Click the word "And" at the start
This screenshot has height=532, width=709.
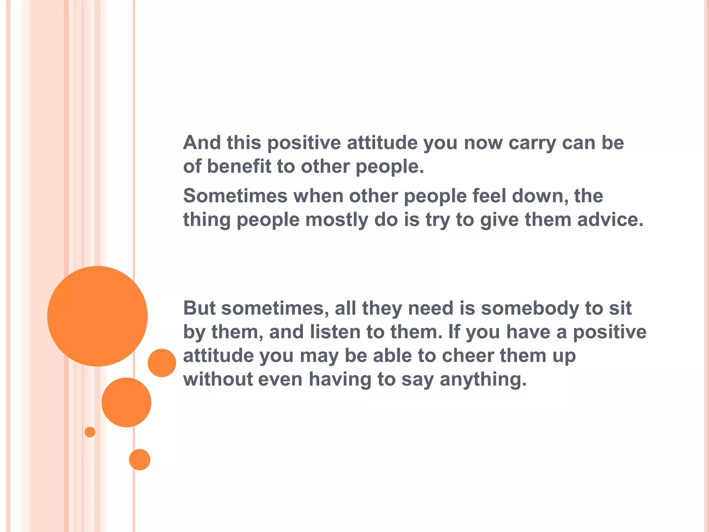(202, 142)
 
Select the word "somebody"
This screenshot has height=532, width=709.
(530, 309)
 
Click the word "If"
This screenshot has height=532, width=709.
(454, 332)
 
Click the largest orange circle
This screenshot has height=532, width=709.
(97, 316)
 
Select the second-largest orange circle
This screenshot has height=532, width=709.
(126, 402)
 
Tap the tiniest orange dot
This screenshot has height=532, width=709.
(90, 432)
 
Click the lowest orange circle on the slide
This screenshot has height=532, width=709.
(140, 460)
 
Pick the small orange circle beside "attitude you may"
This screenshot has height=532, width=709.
(162, 363)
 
